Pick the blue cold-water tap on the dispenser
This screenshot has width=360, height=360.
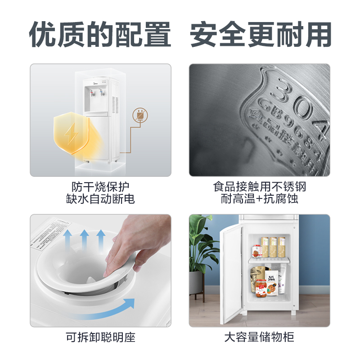pos(103,94)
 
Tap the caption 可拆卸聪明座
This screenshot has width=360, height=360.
pos(101,337)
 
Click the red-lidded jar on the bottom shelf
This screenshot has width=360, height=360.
pos(261,288)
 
